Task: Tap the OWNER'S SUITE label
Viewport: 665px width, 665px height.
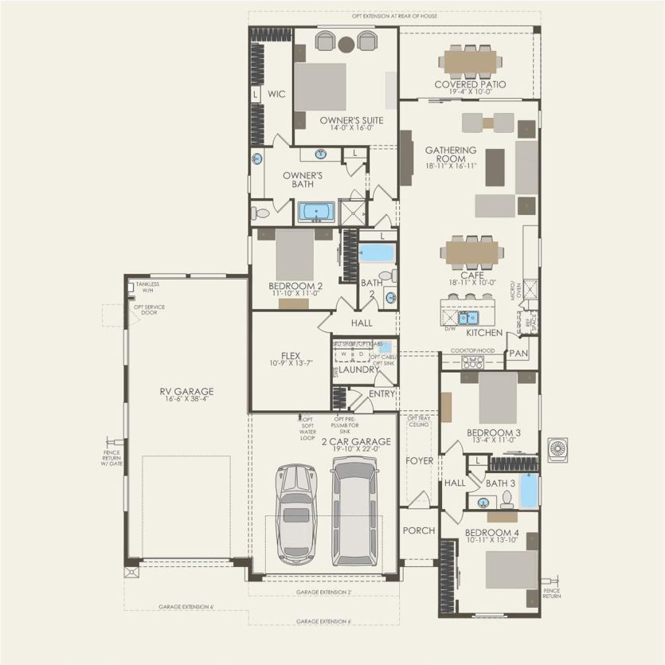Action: coord(351,120)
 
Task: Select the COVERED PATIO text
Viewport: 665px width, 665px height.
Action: coord(470,84)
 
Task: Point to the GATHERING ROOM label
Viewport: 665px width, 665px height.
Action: coord(451,155)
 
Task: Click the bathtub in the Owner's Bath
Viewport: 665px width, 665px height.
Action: coord(318,213)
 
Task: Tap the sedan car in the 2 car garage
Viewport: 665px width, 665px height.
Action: coord(295,513)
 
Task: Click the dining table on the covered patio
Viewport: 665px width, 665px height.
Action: coord(470,61)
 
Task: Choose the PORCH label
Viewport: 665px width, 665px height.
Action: coord(417,530)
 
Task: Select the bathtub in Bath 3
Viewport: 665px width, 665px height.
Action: coord(529,491)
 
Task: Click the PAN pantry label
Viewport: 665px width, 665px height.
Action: coord(518,352)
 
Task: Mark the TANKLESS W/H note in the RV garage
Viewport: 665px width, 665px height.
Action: coord(147,287)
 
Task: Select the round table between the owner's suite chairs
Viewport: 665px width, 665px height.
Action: coord(346,43)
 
